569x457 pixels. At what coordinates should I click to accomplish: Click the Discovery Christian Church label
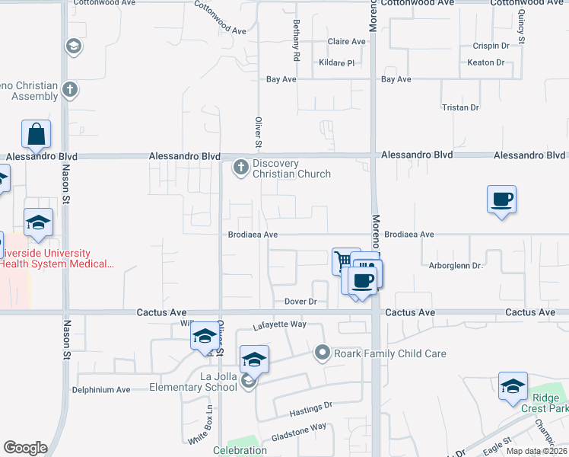click(x=291, y=168)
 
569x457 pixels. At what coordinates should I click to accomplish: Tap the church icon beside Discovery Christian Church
click(x=241, y=167)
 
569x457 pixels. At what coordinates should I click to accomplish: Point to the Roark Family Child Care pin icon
click(x=323, y=353)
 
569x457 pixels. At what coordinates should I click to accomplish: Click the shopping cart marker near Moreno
click(x=344, y=261)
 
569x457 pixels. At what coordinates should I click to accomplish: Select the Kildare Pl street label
click(x=337, y=62)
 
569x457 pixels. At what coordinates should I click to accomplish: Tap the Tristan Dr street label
click(x=460, y=108)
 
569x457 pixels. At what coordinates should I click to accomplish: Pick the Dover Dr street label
click(x=300, y=302)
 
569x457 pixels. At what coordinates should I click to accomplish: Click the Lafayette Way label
click(x=279, y=324)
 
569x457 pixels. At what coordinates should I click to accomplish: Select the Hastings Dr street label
click(x=312, y=410)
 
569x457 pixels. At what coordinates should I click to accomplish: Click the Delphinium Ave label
click(x=101, y=389)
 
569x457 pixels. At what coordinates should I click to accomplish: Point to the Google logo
click(x=25, y=448)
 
